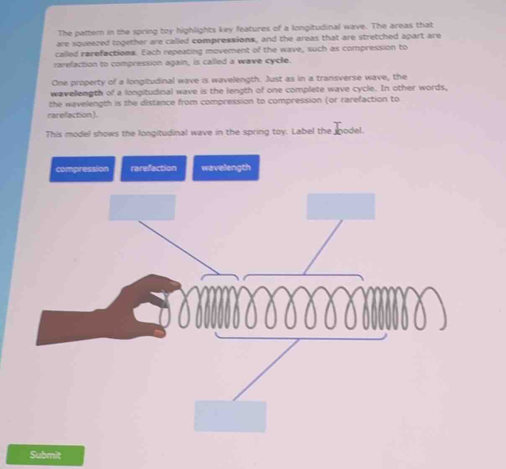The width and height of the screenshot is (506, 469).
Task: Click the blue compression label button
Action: [x=82, y=169]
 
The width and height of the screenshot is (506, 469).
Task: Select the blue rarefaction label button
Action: [x=153, y=168]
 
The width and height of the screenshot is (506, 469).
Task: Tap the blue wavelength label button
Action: [x=226, y=167]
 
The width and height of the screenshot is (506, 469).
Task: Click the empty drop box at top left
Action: [x=142, y=207]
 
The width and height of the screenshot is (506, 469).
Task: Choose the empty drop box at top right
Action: [x=341, y=206]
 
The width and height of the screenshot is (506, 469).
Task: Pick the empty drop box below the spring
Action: [x=230, y=416]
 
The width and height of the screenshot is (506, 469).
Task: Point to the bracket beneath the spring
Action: [x=300, y=336]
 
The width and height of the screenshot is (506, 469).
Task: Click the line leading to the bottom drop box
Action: [x=266, y=370]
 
